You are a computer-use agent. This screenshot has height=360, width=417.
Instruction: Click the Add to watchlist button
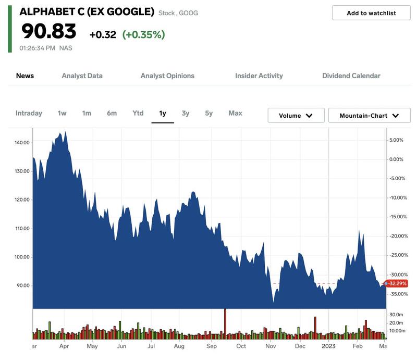(x=371, y=13)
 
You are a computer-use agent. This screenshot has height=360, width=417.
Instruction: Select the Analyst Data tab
(x=82, y=76)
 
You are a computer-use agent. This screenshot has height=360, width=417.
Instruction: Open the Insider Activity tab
(x=259, y=76)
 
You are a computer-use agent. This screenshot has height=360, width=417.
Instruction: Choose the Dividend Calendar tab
(x=351, y=76)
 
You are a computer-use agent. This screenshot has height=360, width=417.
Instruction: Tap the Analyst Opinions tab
(x=167, y=76)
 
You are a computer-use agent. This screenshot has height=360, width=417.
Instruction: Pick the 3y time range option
(x=186, y=113)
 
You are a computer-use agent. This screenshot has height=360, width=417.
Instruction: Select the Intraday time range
(x=29, y=113)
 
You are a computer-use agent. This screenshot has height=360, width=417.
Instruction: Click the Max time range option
(x=235, y=113)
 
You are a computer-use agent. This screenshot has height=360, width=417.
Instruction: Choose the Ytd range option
(x=138, y=113)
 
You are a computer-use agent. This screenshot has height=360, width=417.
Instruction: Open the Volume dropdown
(x=296, y=116)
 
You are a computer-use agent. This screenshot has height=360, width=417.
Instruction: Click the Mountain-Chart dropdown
(x=369, y=116)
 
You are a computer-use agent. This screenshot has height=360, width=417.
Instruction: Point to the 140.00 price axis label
(x=23, y=143)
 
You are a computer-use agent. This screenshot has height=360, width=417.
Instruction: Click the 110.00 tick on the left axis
(x=23, y=229)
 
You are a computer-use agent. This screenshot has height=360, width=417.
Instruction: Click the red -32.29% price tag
(x=396, y=283)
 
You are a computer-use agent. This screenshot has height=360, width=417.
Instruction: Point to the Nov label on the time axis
(x=271, y=346)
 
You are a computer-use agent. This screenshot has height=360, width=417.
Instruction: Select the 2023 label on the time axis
(x=328, y=346)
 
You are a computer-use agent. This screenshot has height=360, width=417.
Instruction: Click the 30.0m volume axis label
(x=396, y=315)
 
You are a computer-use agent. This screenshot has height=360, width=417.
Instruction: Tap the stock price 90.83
(x=48, y=31)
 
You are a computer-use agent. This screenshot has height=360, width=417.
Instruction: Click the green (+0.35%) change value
(x=143, y=35)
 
